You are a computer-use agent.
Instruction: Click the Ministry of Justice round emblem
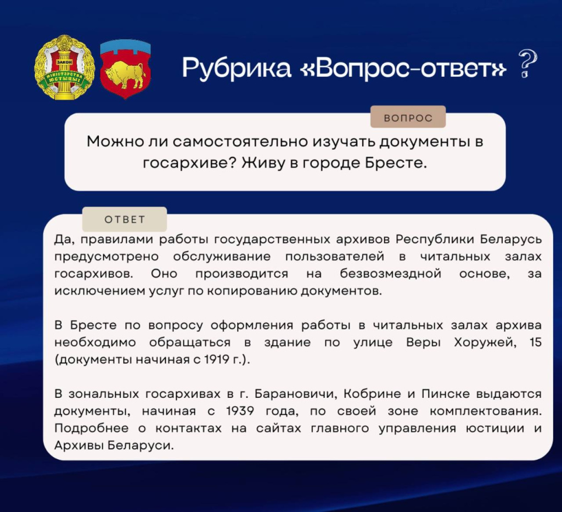tap(64, 67)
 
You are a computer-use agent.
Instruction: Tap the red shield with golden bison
tap(126, 68)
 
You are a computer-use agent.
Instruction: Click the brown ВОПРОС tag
tap(408, 118)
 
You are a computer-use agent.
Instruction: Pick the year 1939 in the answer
tap(240, 411)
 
